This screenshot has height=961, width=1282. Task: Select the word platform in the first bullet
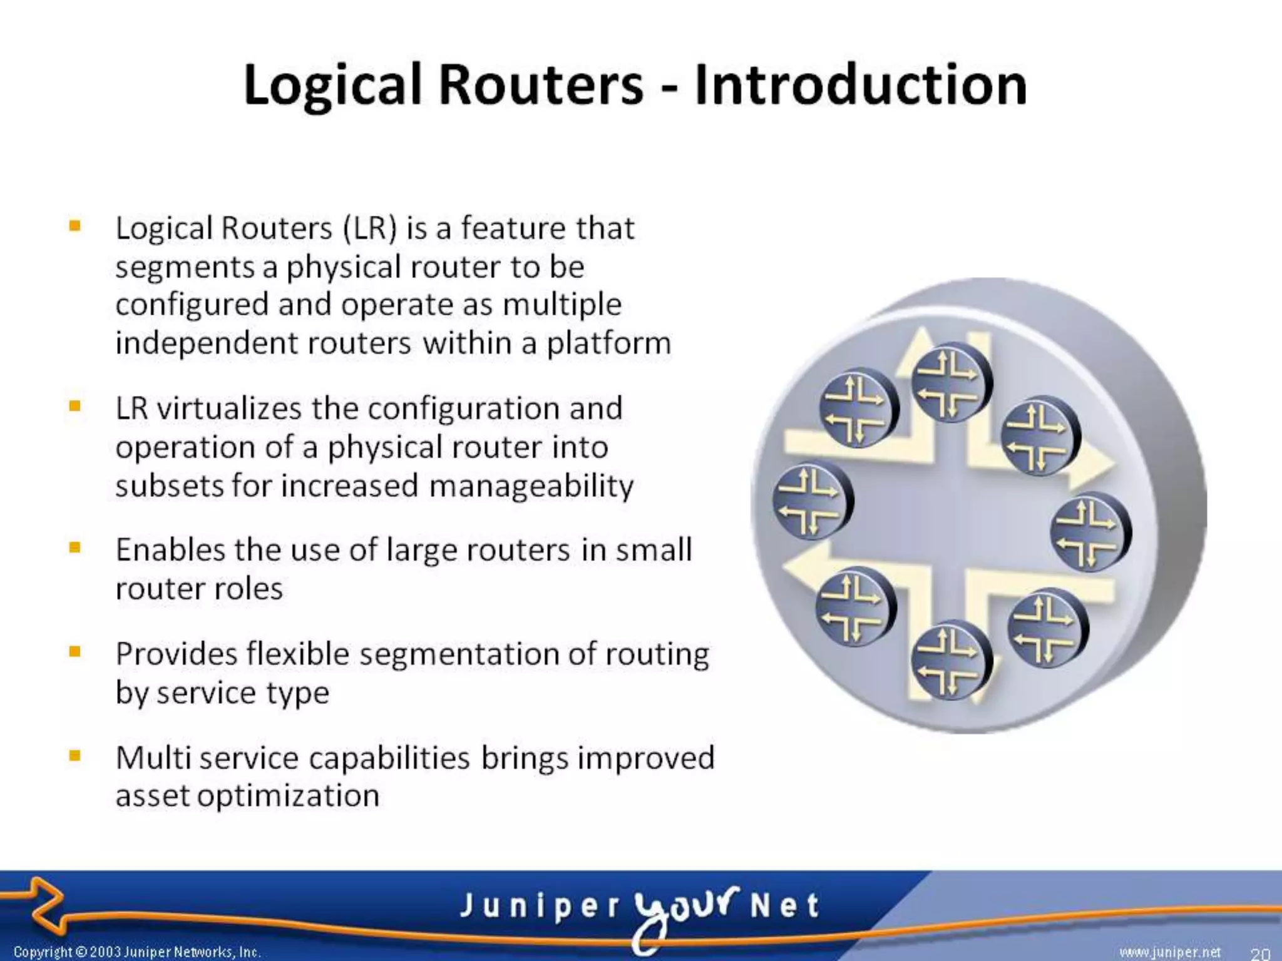[608, 343]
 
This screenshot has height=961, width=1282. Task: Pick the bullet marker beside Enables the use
[75, 548]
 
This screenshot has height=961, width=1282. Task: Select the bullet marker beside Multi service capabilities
[75, 756]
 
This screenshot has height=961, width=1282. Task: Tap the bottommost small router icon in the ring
[951, 660]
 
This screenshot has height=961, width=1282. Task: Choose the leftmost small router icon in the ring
[812, 502]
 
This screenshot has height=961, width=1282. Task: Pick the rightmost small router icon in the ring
[1090, 532]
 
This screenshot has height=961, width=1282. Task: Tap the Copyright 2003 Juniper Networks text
[136, 952]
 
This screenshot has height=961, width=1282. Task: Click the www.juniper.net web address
[1170, 952]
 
